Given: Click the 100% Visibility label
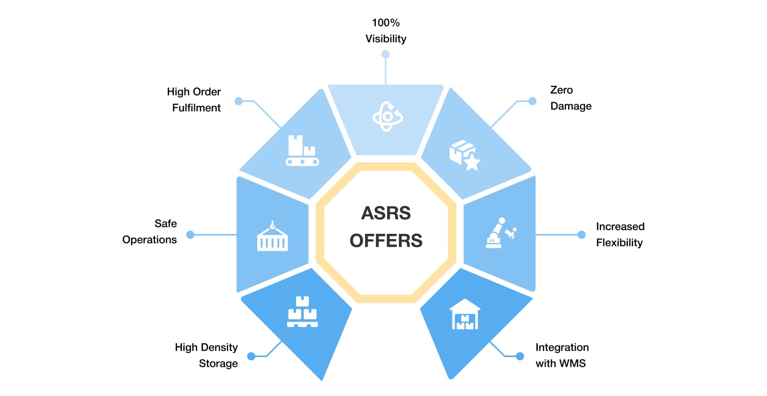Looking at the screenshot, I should pyautogui.click(x=386, y=31).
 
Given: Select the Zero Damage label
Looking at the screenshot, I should pyautogui.click(x=571, y=98).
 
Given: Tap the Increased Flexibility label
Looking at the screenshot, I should pyautogui.click(x=620, y=234).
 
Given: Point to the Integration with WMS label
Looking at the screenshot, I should pyautogui.click(x=562, y=356).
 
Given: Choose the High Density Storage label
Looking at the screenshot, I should pyautogui.click(x=206, y=356).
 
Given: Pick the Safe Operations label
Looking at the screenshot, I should pyautogui.click(x=149, y=232).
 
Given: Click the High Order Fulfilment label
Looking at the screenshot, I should pyautogui.click(x=194, y=100).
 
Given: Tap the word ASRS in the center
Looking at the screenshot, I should pyautogui.click(x=386, y=213).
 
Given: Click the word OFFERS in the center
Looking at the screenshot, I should pyautogui.click(x=386, y=240).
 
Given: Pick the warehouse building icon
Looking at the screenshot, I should pyautogui.click(x=464, y=314).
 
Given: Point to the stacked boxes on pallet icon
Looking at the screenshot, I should pyautogui.click(x=302, y=312).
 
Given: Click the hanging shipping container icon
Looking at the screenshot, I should pyautogui.click(x=272, y=236).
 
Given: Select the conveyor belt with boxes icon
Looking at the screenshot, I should pyautogui.click(x=302, y=150).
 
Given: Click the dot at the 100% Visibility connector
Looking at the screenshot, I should pyautogui.click(x=386, y=54).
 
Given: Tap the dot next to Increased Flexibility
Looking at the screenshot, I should pyautogui.click(x=581, y=235).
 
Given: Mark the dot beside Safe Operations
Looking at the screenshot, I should pyautogui.click(x=190, y=235).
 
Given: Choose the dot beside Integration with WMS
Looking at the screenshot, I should pyautogui.click(x=520, y=356).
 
